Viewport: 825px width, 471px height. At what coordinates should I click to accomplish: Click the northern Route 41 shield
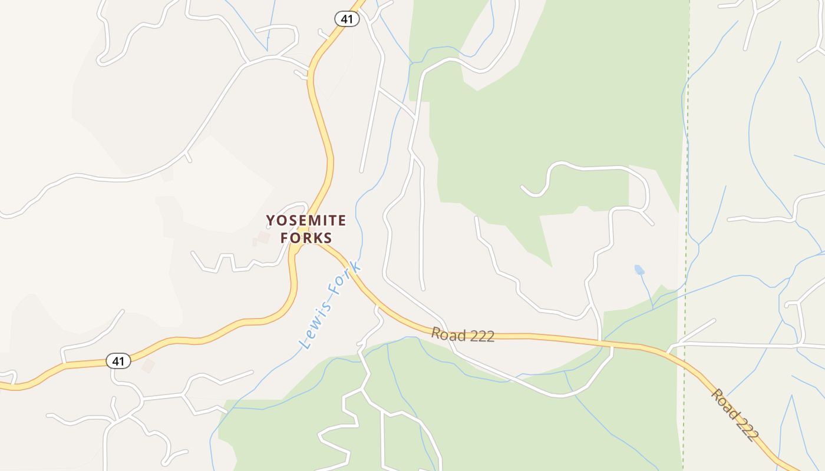point(347,19)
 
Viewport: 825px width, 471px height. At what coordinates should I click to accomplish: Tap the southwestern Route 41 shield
point(118,361)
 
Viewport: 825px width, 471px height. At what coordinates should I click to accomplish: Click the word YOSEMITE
point(306,221)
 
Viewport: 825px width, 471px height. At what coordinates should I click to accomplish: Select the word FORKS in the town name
point(306,238)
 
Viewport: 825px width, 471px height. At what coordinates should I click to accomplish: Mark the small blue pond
point(639,270)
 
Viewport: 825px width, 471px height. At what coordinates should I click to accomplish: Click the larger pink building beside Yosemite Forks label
point(263,237)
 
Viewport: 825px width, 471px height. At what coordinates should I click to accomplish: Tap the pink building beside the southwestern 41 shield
point(147,366)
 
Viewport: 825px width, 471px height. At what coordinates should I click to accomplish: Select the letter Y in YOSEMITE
point(270,221)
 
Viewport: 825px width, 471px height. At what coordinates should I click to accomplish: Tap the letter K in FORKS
point(316,238)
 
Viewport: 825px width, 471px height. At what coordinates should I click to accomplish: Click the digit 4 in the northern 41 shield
point(344,19)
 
